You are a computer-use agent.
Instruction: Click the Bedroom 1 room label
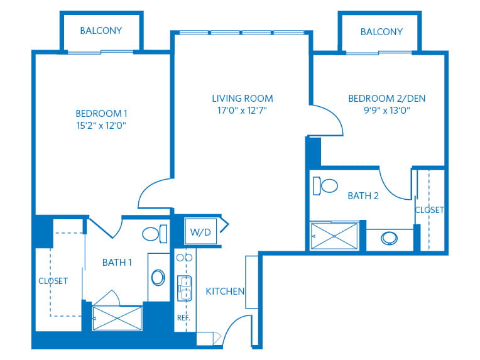pyautogui.click(x=101, y=114)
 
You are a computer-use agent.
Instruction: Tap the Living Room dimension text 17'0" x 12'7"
pyautogui.click(x=242, y=110)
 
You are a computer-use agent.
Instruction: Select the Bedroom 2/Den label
pyautogui.click(x=387, y=98)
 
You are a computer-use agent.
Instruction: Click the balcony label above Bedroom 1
pyautogui.click(x=101, y=31)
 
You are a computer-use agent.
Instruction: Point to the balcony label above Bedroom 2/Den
pyautogui.click(x=381, y=32)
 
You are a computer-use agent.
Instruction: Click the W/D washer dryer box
pyautogui.click(x=200, y=232)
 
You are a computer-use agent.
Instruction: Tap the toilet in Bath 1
pyautogui.click(x=155, y=234)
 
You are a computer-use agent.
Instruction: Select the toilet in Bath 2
pyautogui.click(x=325, y=185)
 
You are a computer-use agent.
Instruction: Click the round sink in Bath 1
pyautogui.click(x=158, y=277)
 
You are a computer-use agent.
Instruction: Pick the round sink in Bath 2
pyautogui.click(x=389, y=238)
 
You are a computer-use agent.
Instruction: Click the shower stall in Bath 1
pyautogui.click(x=117, y=319)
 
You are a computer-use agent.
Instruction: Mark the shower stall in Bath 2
pyautogui.click(x=334, y=236)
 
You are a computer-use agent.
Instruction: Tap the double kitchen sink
pyautogui.click(x=185, y=288)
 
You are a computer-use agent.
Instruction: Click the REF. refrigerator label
pyautogui.click(x=183, y=318)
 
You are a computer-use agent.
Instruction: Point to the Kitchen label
pyautogui.click(x=225, y=291)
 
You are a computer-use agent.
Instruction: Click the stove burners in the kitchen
pyautogui.click(x=184, y=258)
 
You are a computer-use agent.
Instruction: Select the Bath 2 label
pyautogui.click(x=363, y=195)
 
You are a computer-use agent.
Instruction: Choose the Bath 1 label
pyautogui.click(x=117, y=263)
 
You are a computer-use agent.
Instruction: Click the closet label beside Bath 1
pyautogui.click(x=53, y=281)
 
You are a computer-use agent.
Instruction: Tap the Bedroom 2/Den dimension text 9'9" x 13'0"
pyautogui.click(x=387, y=110)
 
